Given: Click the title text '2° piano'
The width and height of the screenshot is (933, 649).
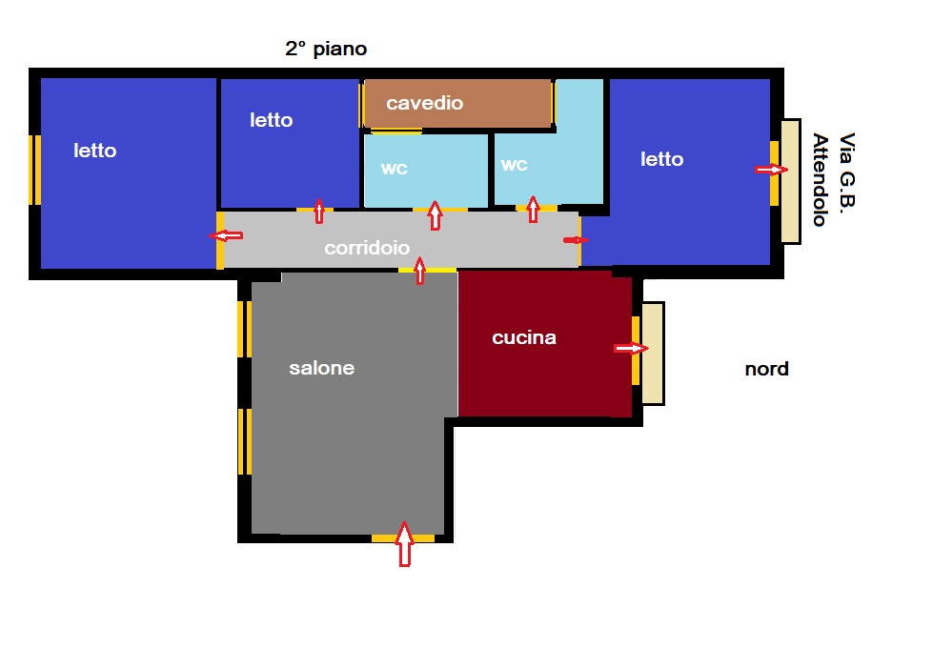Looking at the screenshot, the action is [x=326, y=49].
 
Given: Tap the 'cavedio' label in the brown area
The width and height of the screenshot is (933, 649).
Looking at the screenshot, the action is [x=424, y=103].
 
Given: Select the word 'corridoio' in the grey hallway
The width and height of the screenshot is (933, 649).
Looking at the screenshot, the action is [x=367, y=248].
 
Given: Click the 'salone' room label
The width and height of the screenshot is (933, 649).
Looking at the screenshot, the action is [x=321, y=368].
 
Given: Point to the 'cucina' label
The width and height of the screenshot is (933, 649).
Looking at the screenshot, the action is [x=523, y=337].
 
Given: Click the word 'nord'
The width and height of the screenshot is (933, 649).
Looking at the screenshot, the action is [x=766, y=369].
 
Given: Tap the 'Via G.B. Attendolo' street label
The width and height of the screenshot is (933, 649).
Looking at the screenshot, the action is [x=834, y=179].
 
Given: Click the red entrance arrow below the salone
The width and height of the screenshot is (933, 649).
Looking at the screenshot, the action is [x=405, y=544].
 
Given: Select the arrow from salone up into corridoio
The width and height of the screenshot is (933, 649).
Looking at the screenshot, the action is [x=420, y=271].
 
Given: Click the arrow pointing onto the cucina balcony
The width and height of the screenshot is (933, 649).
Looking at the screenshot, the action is [x=631, y=348].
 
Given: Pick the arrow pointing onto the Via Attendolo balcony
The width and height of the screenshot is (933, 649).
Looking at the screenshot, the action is [x=771, y=170].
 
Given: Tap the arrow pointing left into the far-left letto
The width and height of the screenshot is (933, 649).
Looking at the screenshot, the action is [x=226, y=236].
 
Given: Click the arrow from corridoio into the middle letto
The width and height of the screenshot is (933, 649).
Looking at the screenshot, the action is [x=319, y=212].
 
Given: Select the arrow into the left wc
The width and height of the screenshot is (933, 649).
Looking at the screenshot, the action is [x=435, y=215].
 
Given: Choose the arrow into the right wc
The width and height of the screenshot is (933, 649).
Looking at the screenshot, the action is [x=533, y=210].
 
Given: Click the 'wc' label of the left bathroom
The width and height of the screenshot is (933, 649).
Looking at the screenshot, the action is [x=394, y=169].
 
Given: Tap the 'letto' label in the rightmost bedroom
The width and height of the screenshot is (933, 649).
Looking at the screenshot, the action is [x=661, y=159].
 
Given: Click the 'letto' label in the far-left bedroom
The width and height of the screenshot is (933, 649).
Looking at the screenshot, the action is [x=94, y=150].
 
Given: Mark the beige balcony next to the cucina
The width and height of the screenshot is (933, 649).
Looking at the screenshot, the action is [x=653, y=354].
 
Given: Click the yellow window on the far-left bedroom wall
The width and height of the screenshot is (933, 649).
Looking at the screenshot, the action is [x=35, y=171].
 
